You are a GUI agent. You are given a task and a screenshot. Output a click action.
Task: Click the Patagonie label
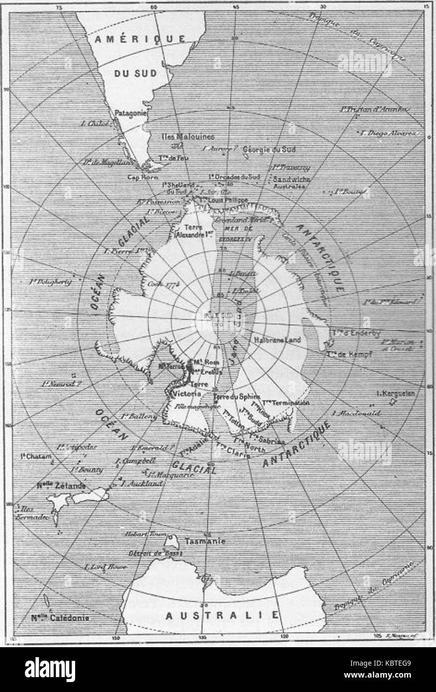coord(130,113)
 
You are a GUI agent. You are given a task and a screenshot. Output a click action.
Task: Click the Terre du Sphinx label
coord(237,397)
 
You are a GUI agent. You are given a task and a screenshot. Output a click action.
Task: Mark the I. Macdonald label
coord(359,413)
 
